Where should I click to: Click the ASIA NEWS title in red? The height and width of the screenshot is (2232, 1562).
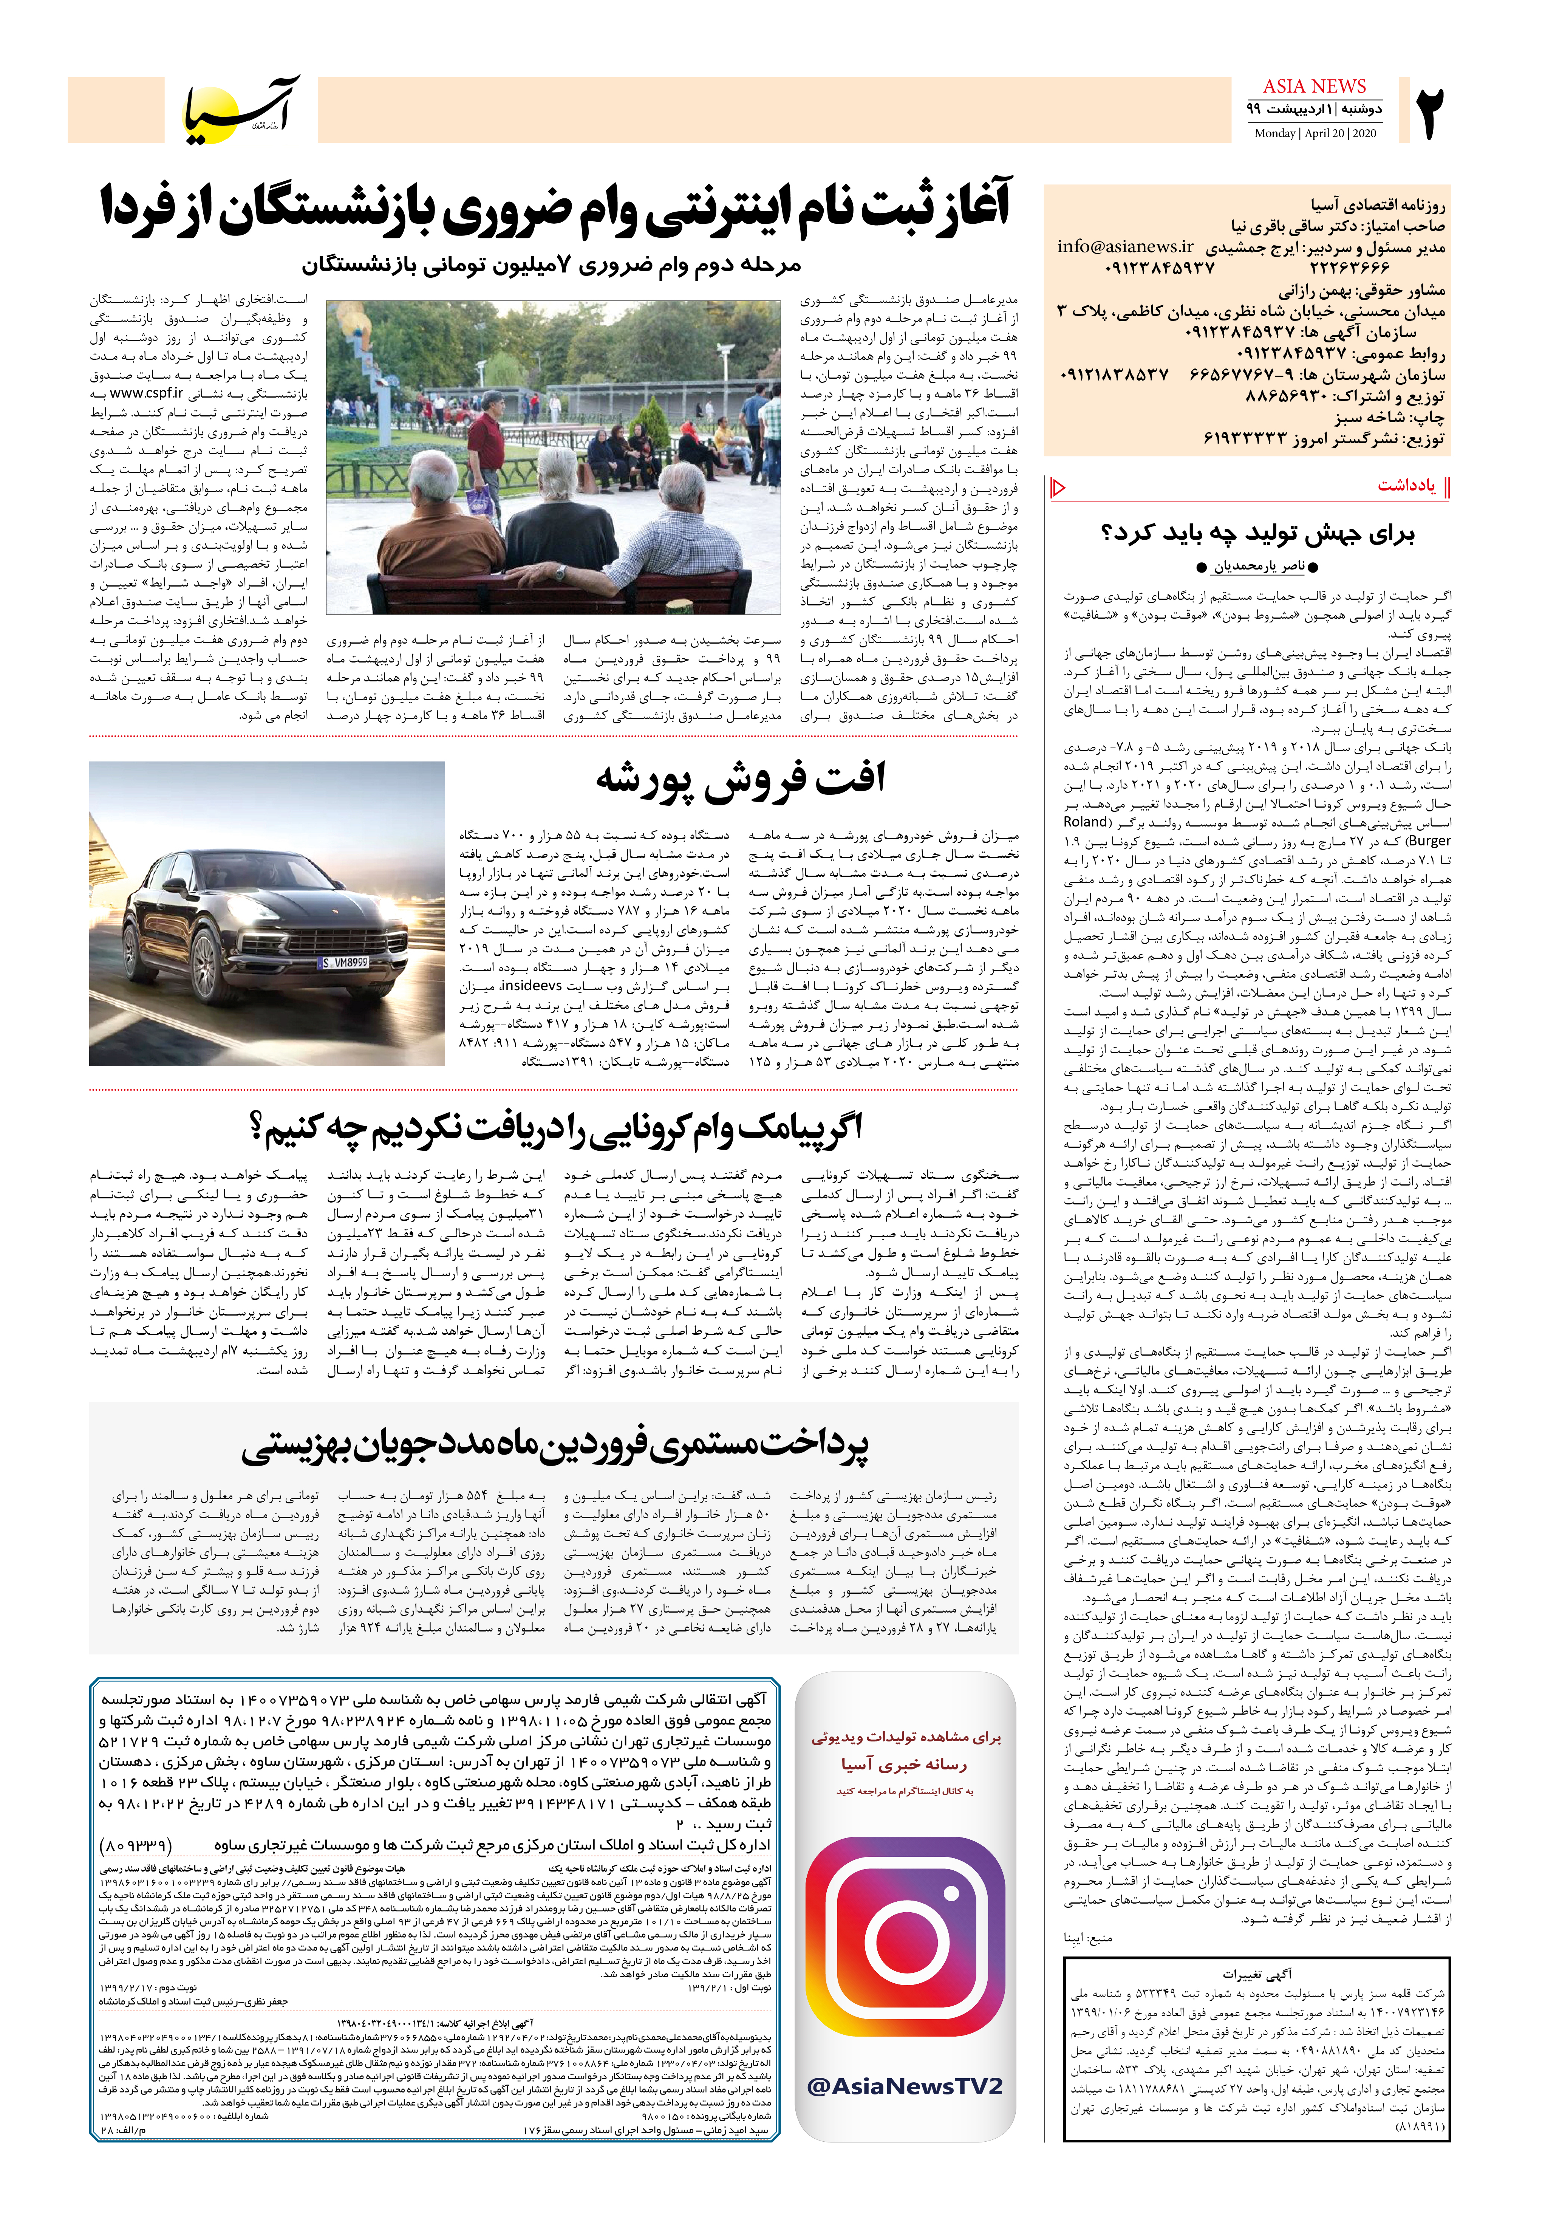[1314, 87]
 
